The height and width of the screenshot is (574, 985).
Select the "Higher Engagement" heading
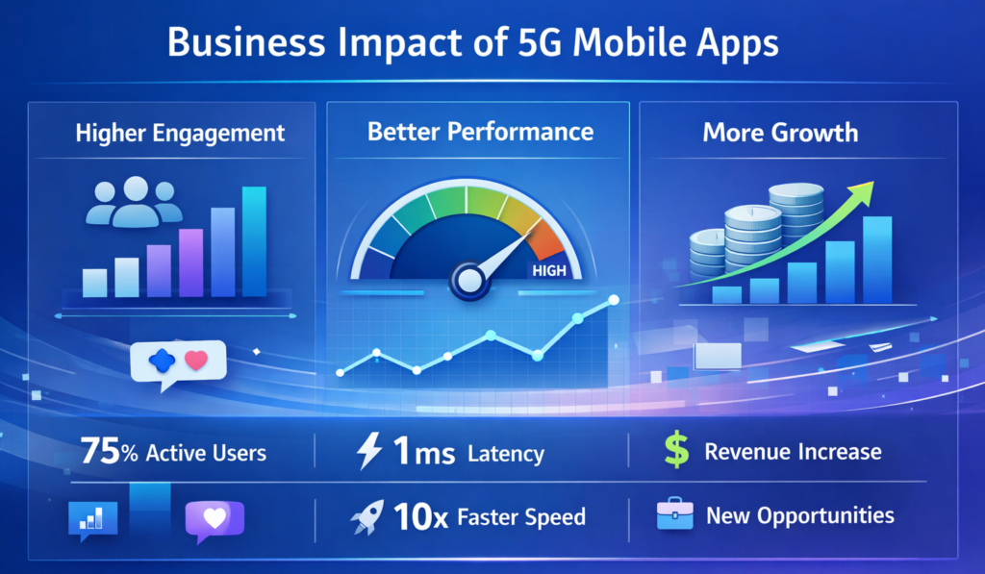click(x=180, y=133)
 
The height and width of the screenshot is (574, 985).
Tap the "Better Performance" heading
click(x=480, y=131)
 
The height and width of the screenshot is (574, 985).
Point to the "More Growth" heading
click(x=780, y=132)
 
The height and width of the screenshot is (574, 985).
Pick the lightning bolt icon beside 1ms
click(x=369, y=452)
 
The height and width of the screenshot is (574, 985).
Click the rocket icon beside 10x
click(x=368, y=517)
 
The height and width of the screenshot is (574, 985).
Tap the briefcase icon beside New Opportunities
click(x=675, y=516)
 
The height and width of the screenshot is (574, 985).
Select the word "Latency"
click(x=506, y=454)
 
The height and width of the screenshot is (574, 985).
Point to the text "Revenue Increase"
click(x=793, y=452)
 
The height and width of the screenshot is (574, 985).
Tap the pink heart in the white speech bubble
click(x=196, y=361)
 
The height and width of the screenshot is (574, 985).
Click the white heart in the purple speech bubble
click(x=215, y=517)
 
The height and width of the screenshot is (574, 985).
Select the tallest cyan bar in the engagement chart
click(x=254, y=241)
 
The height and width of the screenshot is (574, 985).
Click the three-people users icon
click(x=135, y=201)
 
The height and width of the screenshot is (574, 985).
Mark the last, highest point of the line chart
click(x=613, y=302)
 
